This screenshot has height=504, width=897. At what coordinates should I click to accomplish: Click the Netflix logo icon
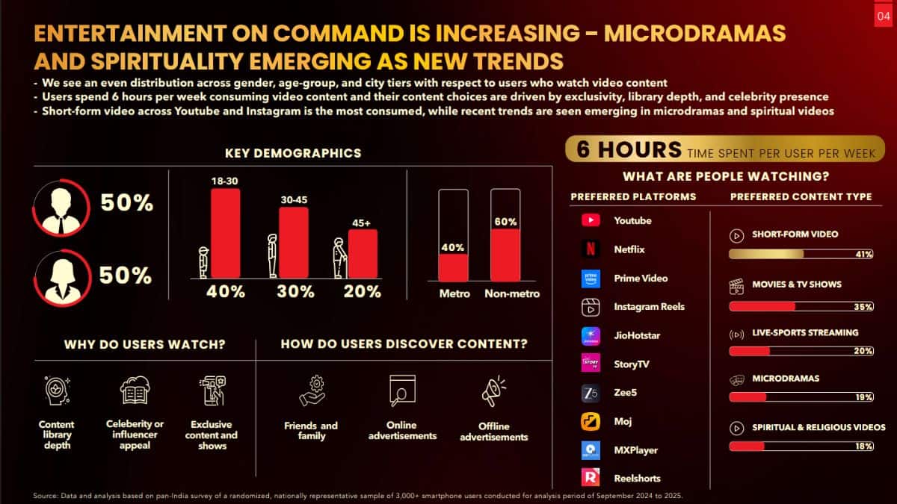point(591,249)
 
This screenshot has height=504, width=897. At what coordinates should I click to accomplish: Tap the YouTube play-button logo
point(591,220)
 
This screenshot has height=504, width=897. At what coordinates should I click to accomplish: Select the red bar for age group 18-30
point(225,233)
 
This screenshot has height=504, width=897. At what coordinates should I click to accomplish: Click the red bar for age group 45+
point(363,253)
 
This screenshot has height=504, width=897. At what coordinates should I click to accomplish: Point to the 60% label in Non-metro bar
point(505,222)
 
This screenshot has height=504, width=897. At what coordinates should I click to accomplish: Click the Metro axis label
point(454,293)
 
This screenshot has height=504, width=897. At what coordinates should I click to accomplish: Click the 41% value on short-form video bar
point(863,255)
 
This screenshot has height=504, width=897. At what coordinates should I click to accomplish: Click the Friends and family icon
point(311,391)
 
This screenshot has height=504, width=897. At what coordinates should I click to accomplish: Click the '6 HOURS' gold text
point(629,149)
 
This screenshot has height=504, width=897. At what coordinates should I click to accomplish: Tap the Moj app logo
point(591,421)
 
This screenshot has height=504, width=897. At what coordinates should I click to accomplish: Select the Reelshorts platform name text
point(637,479)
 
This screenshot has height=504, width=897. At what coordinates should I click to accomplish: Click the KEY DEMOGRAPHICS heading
point(293,153)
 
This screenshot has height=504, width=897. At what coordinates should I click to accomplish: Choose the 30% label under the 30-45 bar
point(295,292)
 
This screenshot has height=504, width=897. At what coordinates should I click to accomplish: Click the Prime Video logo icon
point(591,278)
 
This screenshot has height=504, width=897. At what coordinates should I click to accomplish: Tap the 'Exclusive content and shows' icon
point(212,391)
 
